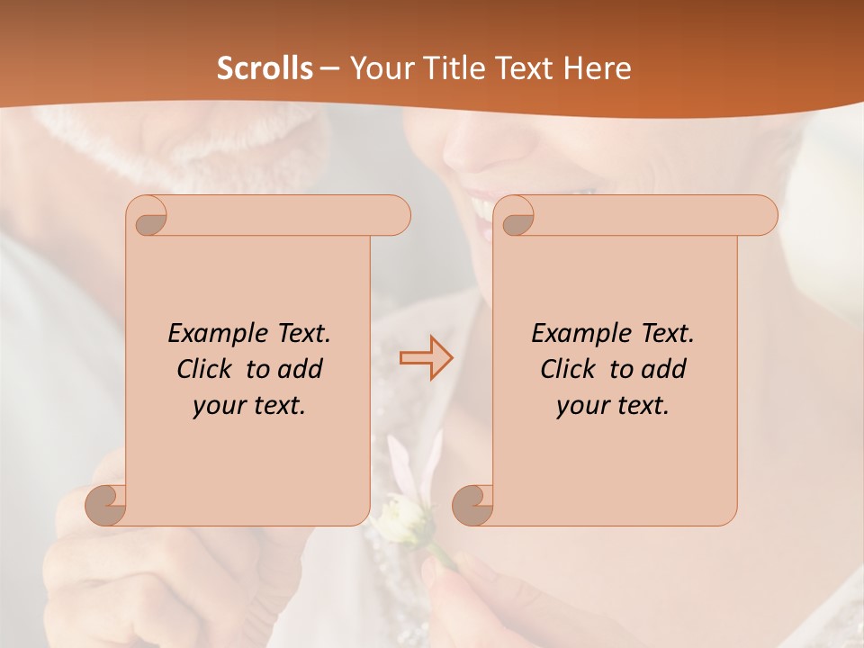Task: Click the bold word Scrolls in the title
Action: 265,68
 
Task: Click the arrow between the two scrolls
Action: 426,358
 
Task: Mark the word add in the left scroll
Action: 300,369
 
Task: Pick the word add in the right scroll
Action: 663,369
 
